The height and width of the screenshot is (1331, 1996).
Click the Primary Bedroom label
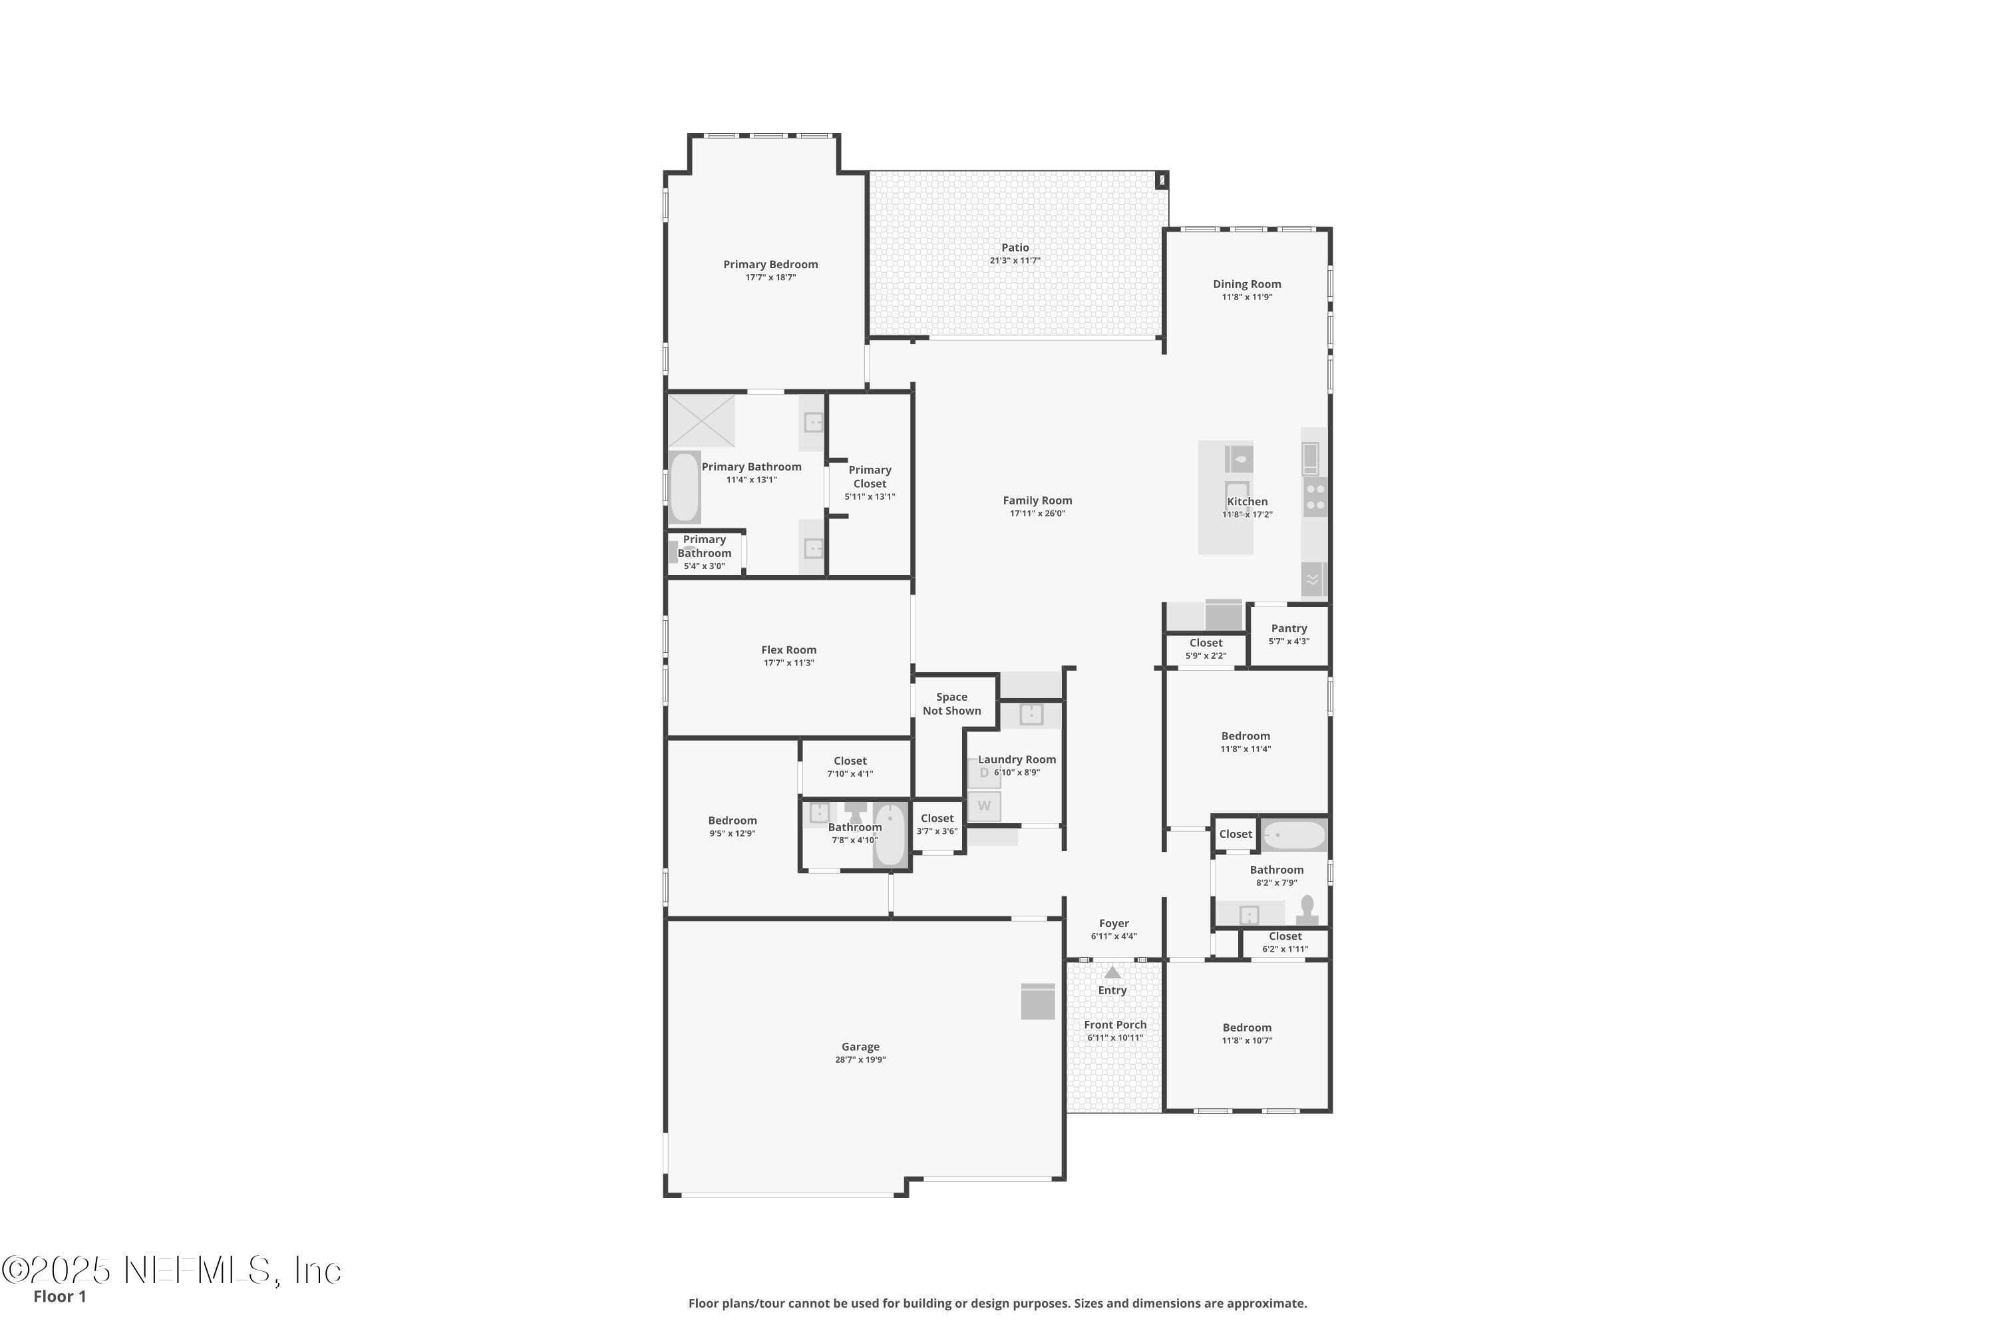770,264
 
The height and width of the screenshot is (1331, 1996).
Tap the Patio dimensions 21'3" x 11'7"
1015,261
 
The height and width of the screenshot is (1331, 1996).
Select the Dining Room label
1247,284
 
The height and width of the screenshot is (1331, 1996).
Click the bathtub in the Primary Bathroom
684,487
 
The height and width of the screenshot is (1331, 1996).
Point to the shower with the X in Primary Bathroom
701,420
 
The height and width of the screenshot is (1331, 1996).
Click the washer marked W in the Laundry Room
985,805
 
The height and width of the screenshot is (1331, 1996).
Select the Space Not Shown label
952,703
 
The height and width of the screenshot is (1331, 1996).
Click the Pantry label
1289,628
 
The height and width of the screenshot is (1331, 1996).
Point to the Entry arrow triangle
1112,972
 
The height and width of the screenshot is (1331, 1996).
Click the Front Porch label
1115,1025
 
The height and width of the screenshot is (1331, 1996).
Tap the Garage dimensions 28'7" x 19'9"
860,1059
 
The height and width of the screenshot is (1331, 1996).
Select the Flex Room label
788,650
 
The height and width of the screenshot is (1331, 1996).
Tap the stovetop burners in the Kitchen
1315,496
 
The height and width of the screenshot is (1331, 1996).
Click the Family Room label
1037,500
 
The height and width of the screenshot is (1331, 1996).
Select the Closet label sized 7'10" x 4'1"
850,761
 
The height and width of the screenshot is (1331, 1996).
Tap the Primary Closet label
870,476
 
